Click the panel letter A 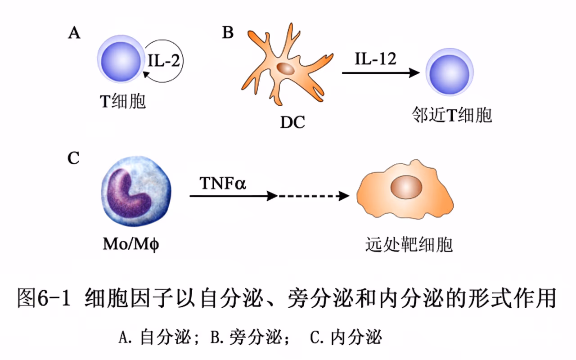click(x=74, y=33)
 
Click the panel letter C click(x=74, y=158)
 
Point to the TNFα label click(x=223, y=183)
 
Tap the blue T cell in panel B click(x=450, y=73)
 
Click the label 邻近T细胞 click(x=452, y=116)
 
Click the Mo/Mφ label click(x=131, y=245)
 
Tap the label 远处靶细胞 click(x=409, y=244)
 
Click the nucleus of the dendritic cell click(x=285, y=68)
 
